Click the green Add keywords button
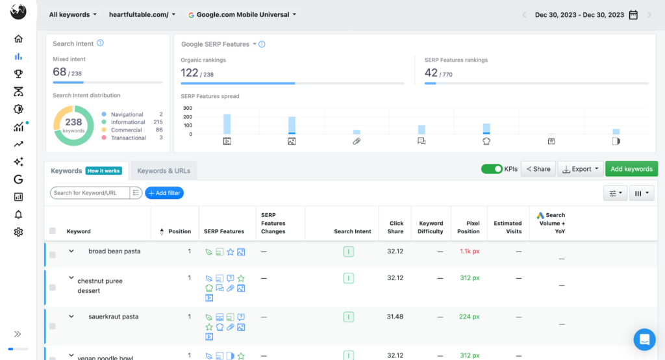click(631, 169)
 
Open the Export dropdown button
click(581, 169)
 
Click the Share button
click(537, 169)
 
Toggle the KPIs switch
click(492, 169)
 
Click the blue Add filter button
click(164, 193)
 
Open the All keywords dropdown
click(73, 14)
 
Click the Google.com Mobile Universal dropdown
click(242, 14)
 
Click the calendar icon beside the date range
click(633, 15)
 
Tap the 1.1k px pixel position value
click(469, 251)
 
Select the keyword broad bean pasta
click(114, 251)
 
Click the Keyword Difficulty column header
click(431, 227)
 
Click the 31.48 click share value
click(395, 317)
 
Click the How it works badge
click(103, 171)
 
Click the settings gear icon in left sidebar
click(18, 232)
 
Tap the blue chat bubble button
click(644, 339)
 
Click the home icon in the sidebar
click(18, 39)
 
